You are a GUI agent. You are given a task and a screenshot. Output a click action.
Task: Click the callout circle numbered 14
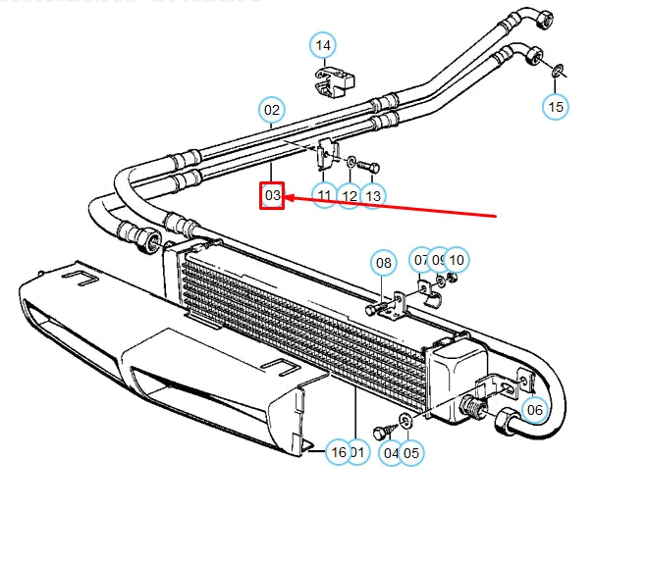tap(323, 45)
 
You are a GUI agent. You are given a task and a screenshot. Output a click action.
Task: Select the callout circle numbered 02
tap(272, 111)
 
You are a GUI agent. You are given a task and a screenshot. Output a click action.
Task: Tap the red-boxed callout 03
tap(272, 196)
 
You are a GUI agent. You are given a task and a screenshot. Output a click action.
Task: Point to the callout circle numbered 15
tap(556, 106)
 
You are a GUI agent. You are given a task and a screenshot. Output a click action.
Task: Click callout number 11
tap(325, 195)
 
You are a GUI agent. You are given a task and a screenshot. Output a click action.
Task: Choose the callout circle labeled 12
tap(349, 195)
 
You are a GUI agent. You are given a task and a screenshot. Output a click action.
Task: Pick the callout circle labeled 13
tap(372, 195)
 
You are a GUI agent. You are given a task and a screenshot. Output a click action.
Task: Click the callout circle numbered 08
tap(383, 263)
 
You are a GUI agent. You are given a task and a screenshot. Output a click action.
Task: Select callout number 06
tap(534, 410)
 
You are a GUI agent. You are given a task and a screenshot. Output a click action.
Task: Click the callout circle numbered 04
tap(391, 452)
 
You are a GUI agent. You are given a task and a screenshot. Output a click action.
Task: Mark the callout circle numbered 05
tap(410, 452)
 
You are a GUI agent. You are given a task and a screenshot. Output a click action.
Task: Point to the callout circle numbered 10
tap(457, 260)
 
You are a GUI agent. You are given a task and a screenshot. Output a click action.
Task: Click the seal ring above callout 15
tap(557, 70)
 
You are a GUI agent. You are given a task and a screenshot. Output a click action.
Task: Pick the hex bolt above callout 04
tap(382, 433)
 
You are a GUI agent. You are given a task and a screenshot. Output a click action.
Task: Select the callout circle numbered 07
tap(421, 260)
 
